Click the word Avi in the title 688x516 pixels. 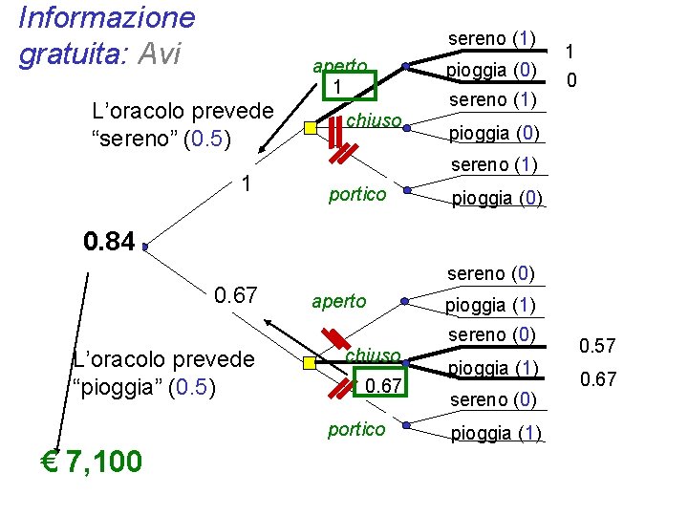coord(160,54)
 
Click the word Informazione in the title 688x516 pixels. coord(106,17)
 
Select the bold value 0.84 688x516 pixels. coord(110,242)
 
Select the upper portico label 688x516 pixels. coord(356,195)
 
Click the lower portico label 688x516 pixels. coord(356,429)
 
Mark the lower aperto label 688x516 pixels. coord(339,301)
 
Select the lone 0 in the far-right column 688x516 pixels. coord(570,82)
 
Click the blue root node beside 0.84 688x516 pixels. coord(144,247)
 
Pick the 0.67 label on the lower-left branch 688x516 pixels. coord(235,295)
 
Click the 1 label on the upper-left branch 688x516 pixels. coord(247,183)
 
